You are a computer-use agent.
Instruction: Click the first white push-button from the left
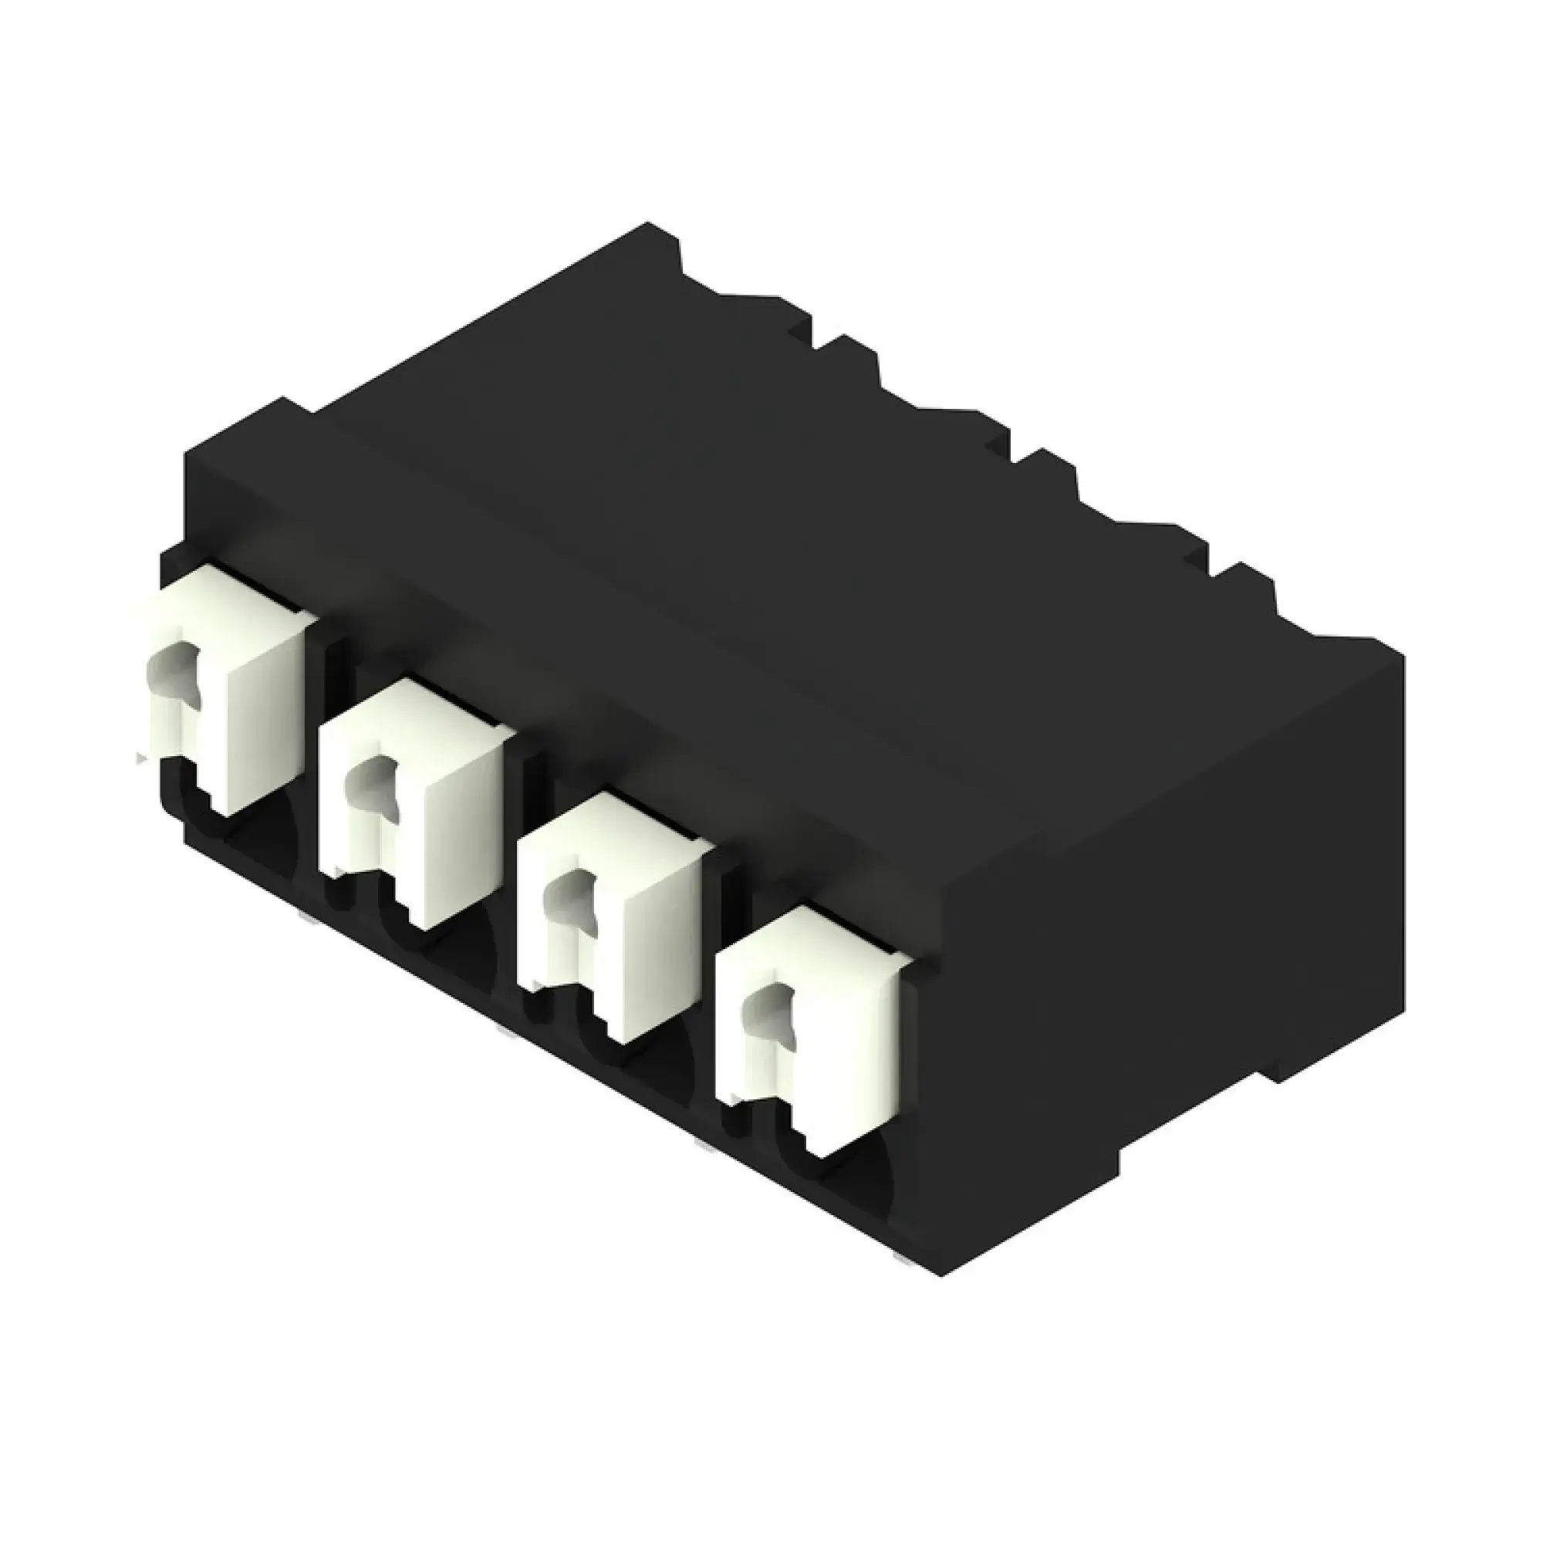click(240, 687)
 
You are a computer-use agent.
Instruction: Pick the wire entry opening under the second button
click(455, 950)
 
